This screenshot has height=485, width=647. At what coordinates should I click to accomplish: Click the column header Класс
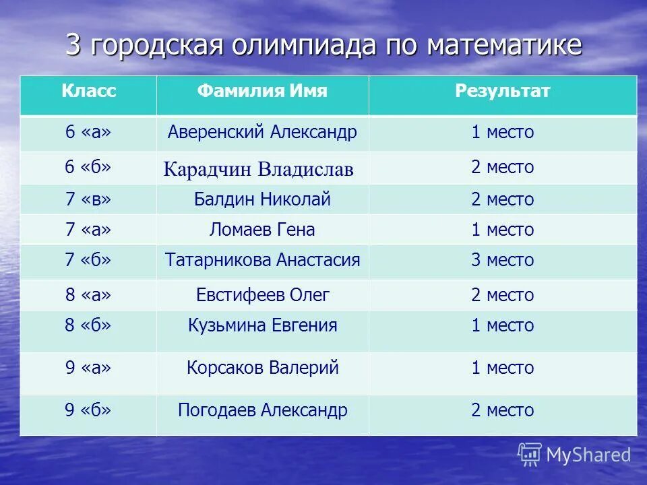89,92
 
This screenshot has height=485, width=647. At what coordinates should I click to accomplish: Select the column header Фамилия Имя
262,92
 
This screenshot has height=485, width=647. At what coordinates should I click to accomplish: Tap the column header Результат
502,92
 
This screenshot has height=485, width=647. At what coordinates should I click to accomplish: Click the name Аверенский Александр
262,132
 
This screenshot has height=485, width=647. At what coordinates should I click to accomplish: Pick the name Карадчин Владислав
258,169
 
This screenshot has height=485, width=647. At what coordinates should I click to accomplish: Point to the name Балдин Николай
262,199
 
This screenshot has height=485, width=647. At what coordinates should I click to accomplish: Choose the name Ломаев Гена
262,230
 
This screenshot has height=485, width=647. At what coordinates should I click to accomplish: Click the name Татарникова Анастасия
262,260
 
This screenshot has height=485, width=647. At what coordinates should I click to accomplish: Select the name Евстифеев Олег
262,295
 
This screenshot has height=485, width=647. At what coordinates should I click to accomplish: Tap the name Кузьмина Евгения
262,326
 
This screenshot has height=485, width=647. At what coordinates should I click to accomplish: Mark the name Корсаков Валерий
262,368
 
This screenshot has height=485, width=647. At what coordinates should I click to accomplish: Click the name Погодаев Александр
262,410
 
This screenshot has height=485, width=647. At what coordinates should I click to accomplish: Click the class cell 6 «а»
88,132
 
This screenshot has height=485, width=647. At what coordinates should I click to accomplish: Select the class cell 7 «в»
88,199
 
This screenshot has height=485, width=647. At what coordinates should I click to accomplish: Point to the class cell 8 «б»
88,326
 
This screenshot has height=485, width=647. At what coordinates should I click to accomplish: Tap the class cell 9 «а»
88,368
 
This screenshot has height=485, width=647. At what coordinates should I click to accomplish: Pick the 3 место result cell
502,260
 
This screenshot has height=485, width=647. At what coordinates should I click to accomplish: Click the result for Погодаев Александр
502,410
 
